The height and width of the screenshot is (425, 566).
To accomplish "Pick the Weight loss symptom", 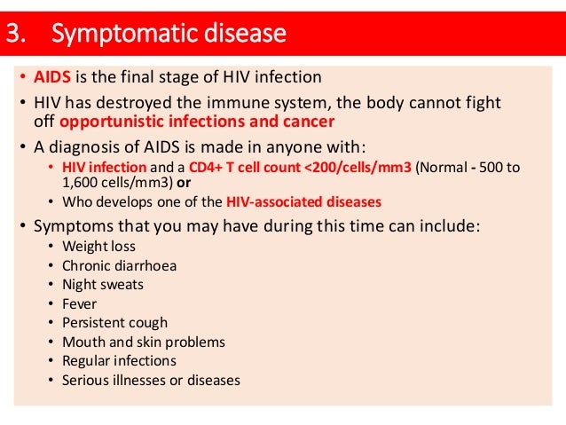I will pyautogui.click(x=98, y=246).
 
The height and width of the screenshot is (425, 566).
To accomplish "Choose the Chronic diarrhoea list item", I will pyautogui.click(x=119, y=265).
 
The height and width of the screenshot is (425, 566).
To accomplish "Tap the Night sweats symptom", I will pyautogui.click(x=102, y=285).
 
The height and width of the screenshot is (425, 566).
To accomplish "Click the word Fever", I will pyautogui.click(x=80, y=304).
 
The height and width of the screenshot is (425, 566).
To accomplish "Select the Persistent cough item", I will pyautogui.click(x=114, y=323).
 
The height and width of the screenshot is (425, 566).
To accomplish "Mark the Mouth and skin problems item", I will pyautogui.click(x=143, y=342).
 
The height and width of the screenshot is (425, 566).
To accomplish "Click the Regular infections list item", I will pyautogui.click(x=119, y=361).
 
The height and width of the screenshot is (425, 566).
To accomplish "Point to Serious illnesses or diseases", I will pyautogui.click(x=151, y=381).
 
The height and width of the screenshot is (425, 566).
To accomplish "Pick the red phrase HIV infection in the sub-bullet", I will pyautogui.click(x=98, y=167).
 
